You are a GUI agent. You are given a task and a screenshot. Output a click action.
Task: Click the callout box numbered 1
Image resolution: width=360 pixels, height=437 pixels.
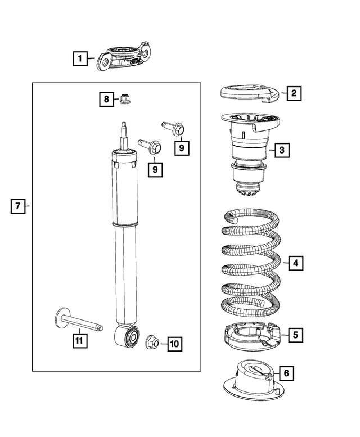[80, 58]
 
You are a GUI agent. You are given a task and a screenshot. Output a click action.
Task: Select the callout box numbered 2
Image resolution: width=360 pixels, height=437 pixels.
[293, 93]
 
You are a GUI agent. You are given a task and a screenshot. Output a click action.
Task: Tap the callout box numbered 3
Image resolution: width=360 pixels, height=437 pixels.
[282, 150]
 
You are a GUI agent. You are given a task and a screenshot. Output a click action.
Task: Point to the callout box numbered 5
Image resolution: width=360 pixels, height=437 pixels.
[296, 335]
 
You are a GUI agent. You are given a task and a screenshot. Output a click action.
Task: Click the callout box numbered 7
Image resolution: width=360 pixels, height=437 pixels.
[18, 207]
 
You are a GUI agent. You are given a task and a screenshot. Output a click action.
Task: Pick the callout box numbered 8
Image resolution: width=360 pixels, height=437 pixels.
[106, 100]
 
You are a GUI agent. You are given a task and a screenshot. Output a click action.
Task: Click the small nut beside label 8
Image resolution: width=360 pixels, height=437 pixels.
[123, 100]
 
